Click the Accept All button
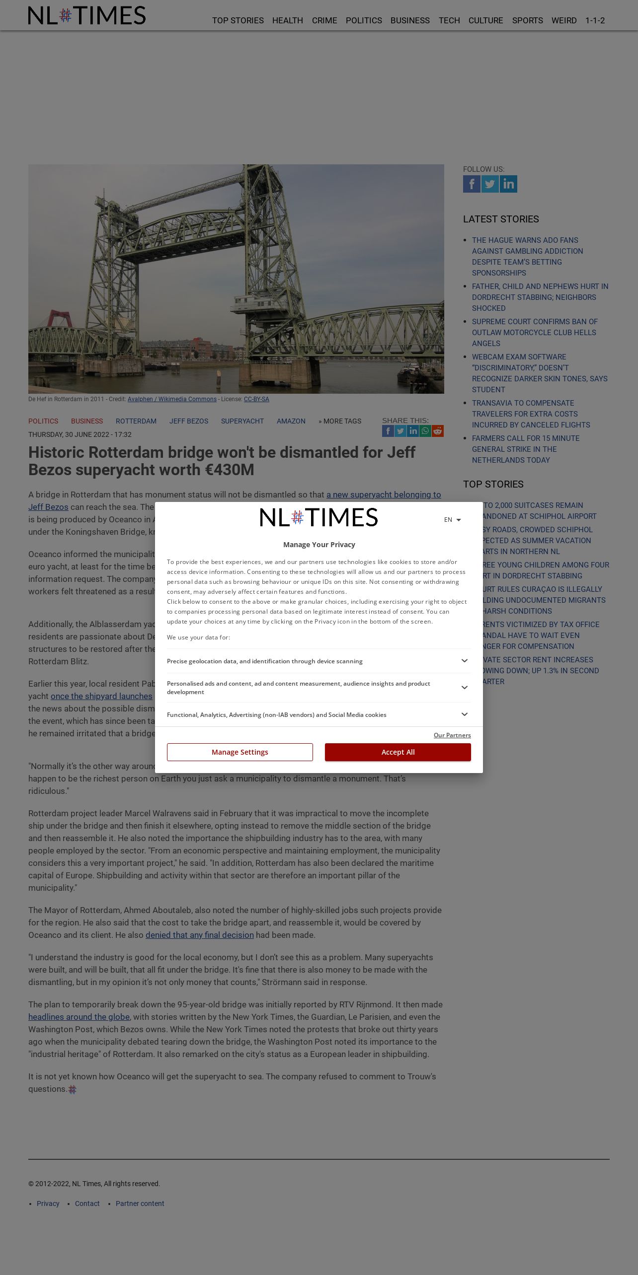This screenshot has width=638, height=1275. coord(398,752)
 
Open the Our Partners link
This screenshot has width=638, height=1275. coord(452,735)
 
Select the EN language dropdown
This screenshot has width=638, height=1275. coord(452,520)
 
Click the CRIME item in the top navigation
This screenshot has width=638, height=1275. coord(324,20)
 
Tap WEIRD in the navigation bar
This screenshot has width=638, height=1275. coord(564,20)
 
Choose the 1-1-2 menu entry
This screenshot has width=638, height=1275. coord(595,20)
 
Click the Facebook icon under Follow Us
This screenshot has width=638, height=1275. coord(472,184)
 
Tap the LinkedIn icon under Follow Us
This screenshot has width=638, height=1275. coord(508,184)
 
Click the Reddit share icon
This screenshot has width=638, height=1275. coord(438,431)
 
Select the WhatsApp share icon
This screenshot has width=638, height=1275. coord(425,431)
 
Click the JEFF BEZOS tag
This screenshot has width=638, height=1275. coord(189,421)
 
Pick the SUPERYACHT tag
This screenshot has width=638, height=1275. coord(242,421)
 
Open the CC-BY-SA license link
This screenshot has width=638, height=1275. coord(256,399)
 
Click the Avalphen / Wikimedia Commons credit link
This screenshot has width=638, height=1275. coord(172,399)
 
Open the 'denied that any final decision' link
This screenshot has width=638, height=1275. coord(200,935)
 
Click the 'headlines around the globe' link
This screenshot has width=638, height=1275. coord(79,1017)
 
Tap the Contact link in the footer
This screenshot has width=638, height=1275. coord(87,1204)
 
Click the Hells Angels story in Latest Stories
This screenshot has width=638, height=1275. coord(534,333)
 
